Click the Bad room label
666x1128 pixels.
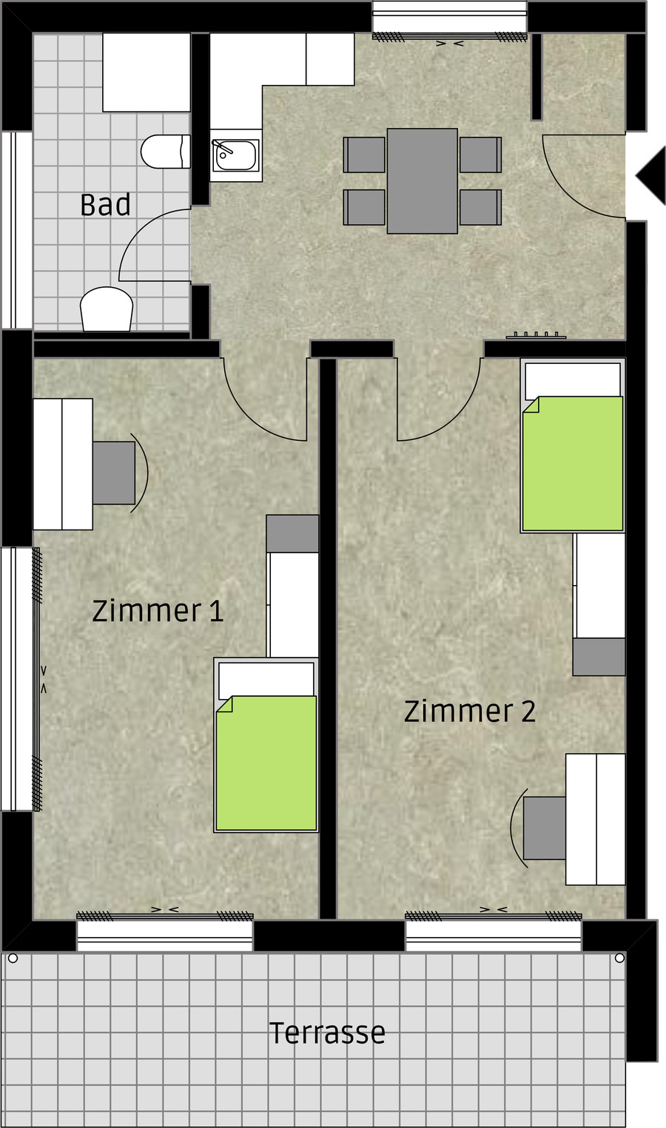pyautogui.click(x=105, y=204)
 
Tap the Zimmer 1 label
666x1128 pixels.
pyautogui.click(x=158, y=610)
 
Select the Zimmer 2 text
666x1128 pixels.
pyautogui.click(x=469, y=711)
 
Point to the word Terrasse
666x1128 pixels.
pyautogui.click(x=327, y=1033)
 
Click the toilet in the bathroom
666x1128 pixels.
pyautogui.click(x=166, y=152)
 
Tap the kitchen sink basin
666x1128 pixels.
pyautogui.click(x=236, y=155)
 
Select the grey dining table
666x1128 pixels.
pyautogui.click(x=422, y=181)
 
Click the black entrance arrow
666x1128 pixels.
pyautogui.click(x=651, y=176)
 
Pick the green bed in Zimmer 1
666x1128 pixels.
pyautogui.click(x=266, y=763)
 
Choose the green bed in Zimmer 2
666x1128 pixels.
pyautogui.click(x=573, y=463)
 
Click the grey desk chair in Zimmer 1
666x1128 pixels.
pyautogui.click(x=114, y=473)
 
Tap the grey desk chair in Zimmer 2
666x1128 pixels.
pyautogui.click(x=544, y=828)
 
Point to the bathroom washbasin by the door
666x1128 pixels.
pyautogui.click(x=107, y=309)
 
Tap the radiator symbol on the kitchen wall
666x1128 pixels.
pyautogui.click(x=536, y=335)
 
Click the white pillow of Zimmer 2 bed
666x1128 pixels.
pyautogui.click(x=573, y=382)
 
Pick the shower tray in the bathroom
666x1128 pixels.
pyautogui.click(x=147, y=72)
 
